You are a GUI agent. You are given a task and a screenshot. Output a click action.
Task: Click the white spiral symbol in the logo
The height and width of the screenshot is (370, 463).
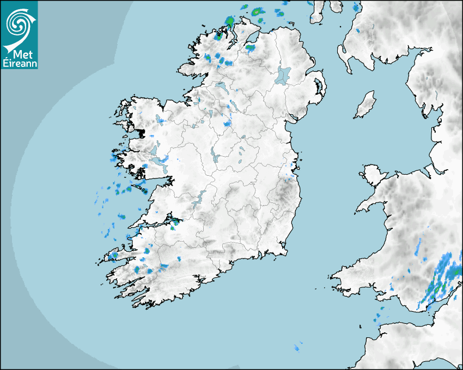tap(19, 22)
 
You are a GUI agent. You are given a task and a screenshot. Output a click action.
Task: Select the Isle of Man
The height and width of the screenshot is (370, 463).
tap(365, 105)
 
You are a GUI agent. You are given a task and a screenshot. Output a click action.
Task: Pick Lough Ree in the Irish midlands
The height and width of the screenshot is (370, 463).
tap(215, 158)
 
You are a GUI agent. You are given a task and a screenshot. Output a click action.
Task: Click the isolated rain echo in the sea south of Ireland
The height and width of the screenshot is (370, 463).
tap(297, 347)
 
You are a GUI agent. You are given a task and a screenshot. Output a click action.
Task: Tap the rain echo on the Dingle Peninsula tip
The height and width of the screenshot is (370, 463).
tap(114, 255)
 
